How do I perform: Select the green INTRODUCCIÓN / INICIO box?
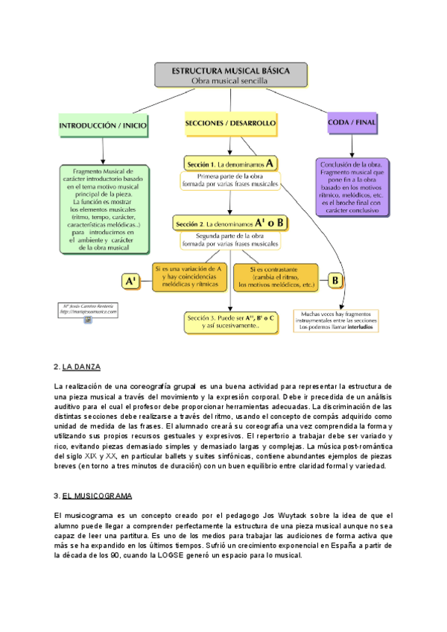(x=103, y=126)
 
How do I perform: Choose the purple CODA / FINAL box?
(x=352, y=121)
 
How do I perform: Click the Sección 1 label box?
(x=229, y=162)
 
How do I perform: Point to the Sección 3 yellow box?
(x=232, y=321)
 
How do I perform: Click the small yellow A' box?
(x=131, y=281)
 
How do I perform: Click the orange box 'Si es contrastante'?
(x=276, y=276)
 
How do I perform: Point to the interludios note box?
(x=338, y=320)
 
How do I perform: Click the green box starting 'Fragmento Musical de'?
(x=104, y=209)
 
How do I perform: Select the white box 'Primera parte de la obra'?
(x=229, y=180)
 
